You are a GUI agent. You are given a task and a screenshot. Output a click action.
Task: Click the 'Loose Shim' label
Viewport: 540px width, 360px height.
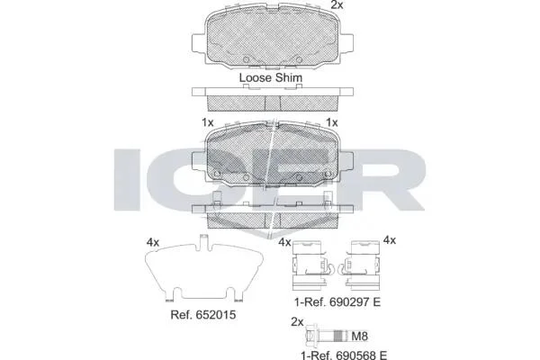[x=271, y=77]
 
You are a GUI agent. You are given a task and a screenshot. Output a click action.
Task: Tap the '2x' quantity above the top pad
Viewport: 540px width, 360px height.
[x=337, y=4]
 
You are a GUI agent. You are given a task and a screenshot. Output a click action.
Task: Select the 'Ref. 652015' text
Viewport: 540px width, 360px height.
[x=203, y=314]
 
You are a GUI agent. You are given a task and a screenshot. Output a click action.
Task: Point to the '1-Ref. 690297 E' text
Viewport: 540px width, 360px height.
[x=337, y=302]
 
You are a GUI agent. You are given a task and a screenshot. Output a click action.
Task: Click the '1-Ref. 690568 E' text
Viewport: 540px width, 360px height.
[x=344, y=355]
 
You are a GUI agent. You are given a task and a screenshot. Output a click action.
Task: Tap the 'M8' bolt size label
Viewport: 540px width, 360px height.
[x=359, y=336]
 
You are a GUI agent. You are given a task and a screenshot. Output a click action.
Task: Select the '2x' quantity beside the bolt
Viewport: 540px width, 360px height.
[x=297, y=322]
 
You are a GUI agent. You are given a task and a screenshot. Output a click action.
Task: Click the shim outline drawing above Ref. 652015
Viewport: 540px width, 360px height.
[x=204, y=268]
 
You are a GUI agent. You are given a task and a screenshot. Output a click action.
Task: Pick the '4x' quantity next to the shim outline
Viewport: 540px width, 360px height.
[x=153, y=242]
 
